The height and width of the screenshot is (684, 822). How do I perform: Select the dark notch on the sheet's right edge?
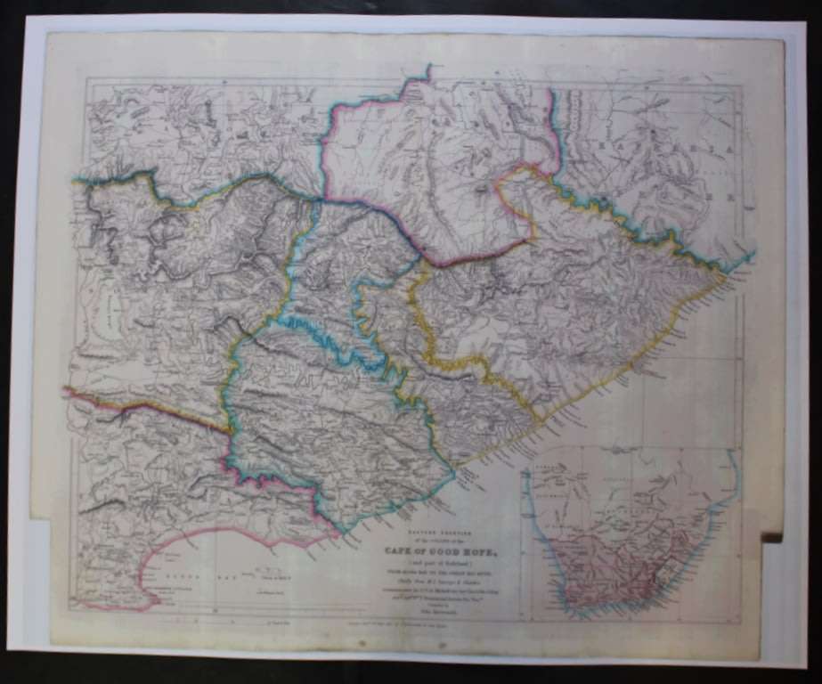tap(771, 537)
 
